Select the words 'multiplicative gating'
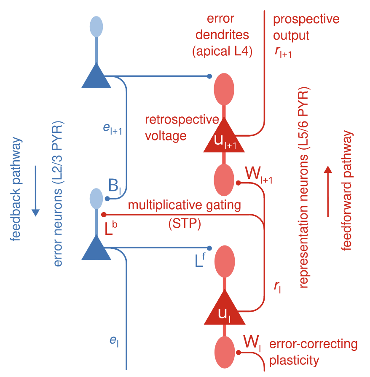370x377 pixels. pyautogui.click(x=184, y=206)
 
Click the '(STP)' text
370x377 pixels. pyautogui.click(x=184, y=224)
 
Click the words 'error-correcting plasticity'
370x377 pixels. pyautogui.click(x=313, y=353)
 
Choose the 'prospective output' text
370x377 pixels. pyautogui.click(x=306, y=27)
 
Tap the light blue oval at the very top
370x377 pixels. pyautogui.click(x=97, y=26)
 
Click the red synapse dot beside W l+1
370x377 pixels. pyautogui.click(x=238, y=183)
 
